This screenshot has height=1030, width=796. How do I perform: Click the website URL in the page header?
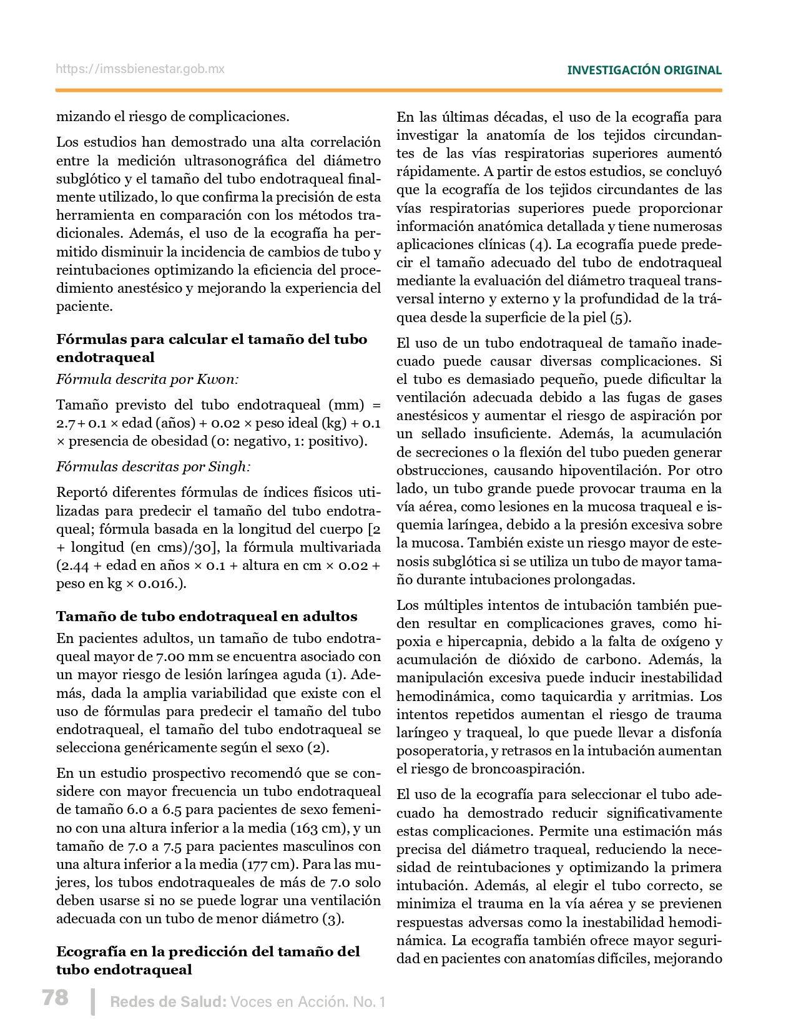[140, 69]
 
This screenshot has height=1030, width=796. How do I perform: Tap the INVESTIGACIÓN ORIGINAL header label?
[644, 70]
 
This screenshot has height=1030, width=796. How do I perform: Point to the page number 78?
[55, 997]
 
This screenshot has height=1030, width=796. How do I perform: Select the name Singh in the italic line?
[229, 466]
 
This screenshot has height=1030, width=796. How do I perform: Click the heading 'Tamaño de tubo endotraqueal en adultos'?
[207, 616]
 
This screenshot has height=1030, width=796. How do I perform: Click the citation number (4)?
[539, 244]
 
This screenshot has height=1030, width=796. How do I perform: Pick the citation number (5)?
[620, 317]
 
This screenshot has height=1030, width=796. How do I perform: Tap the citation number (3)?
[333, 919]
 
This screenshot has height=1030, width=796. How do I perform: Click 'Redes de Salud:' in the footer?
[168, 1002]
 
